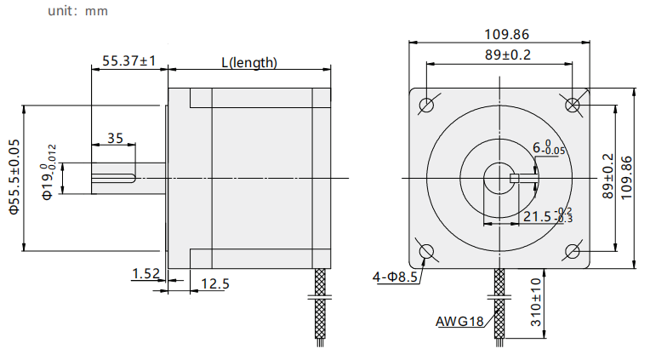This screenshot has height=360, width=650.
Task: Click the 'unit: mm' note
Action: pyautogui.click(x=78, y=11)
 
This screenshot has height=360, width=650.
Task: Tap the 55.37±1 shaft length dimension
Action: pyautogui.click(x=129, y=61)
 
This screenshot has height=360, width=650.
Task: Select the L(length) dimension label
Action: pyautogui.click(x=249, y=63)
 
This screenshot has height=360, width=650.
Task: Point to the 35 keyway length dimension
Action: pyautogui.click(x=115, y=138)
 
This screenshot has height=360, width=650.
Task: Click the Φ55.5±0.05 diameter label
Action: pyautogui.click(x=14, y=177)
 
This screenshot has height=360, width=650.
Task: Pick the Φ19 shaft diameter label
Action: pyautogui.click(x=48, y=172)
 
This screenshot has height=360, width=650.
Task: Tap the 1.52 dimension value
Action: pyautogui.click(x=145, y=274)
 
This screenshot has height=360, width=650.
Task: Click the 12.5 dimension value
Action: pyautogui.click(x=215, y=283)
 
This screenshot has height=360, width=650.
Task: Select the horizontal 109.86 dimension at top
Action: pyautogui.click(x=507, y=34)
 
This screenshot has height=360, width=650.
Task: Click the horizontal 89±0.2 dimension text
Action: pyautogui.click(x=508, y=54)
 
